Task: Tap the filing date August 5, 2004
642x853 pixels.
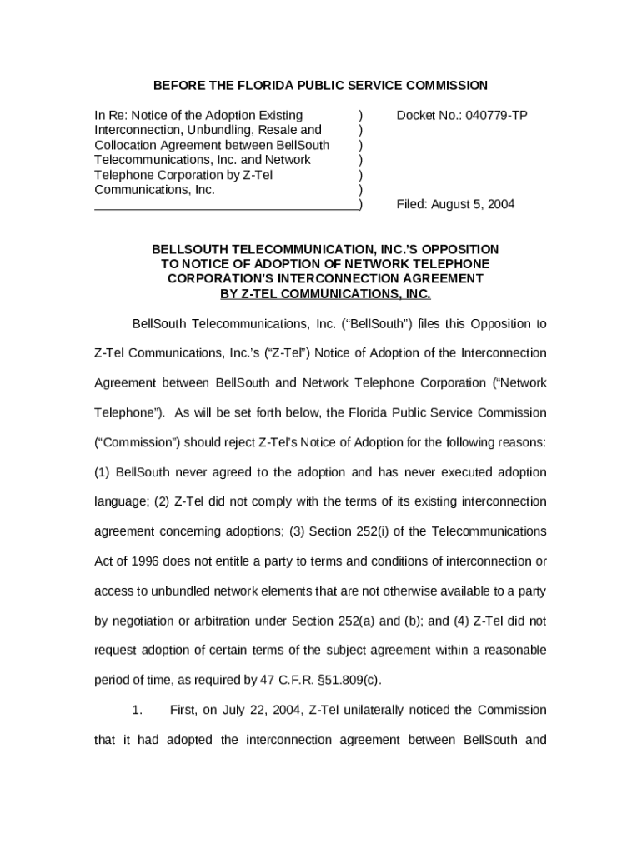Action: coord(473,204)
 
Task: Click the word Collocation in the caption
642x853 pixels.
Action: coord(128,145)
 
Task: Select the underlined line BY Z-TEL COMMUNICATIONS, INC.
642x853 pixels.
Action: coord(325,294)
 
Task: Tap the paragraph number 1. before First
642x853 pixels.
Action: coord(138,710)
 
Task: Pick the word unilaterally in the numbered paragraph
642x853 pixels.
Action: coord(385,710)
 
